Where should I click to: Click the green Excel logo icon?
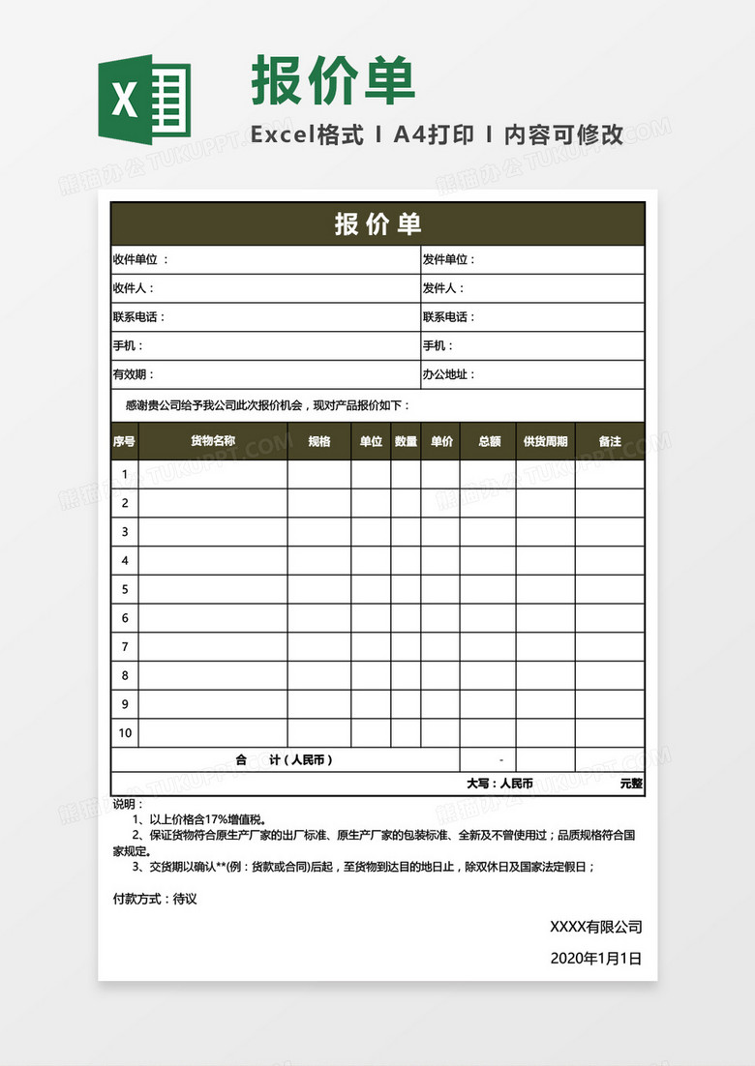click(x=143, y=100)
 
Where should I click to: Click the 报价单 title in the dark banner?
click(x=377, y=223)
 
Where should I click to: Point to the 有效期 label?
click(x=133, y=374)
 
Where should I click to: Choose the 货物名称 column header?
click(x=212, y=441)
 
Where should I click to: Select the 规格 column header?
click(x=319, y=441)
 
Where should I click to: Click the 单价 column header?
click(x=440, y=441)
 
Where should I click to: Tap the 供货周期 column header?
click(x=545, y=441)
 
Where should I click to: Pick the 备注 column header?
click(x=610, y=441)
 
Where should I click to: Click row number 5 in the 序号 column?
click(x=125, y=588)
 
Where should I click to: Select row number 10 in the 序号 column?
click(x=125, y=732)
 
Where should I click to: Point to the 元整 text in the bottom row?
click(x=631, y=784)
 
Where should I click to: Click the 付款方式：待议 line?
click(x=155, y=899)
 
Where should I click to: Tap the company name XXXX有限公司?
click(x=595, y=927)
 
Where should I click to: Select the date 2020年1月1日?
click(x=595, y=958)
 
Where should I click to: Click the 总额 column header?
click(x=489, y=441)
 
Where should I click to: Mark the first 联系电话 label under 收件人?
click(x=138, y=317)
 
